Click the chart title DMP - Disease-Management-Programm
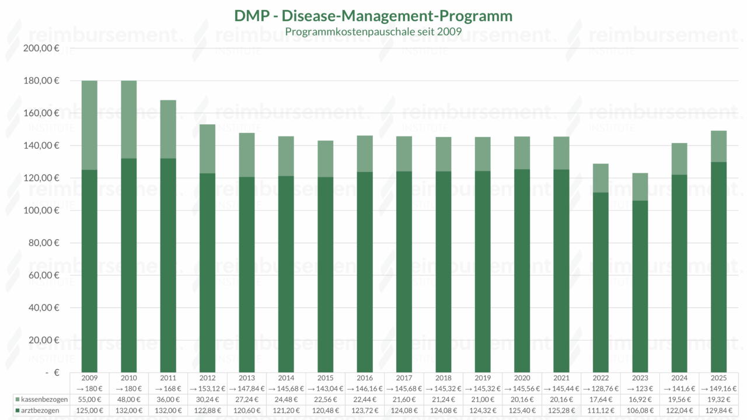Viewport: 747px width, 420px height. pyautogui.click(x=373, y=16)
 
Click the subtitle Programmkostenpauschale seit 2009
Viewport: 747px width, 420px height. pyautogui.click(x=373, y=31)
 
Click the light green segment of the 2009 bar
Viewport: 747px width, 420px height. pyautogui.click(x=89, y=125)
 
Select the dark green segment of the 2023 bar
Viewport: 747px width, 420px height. pyautogui.click(x=640, y=286)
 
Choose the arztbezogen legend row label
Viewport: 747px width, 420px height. pyautogui.click(x=40, y=411)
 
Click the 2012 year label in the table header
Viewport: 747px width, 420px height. pyautogui.click(x=207, y=378)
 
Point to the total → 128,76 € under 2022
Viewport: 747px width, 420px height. pyautogui.click(x=601, y=388)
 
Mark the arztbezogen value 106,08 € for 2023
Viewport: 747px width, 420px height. pyautogui.click(x=640, y=411)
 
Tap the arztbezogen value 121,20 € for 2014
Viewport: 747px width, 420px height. pyautogui.click(x=286, y=411)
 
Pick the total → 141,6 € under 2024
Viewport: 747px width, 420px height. pyautogui.click(x=679, y=388)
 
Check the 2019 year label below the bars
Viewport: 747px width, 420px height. pyautogui.click(x=483, y=378)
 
